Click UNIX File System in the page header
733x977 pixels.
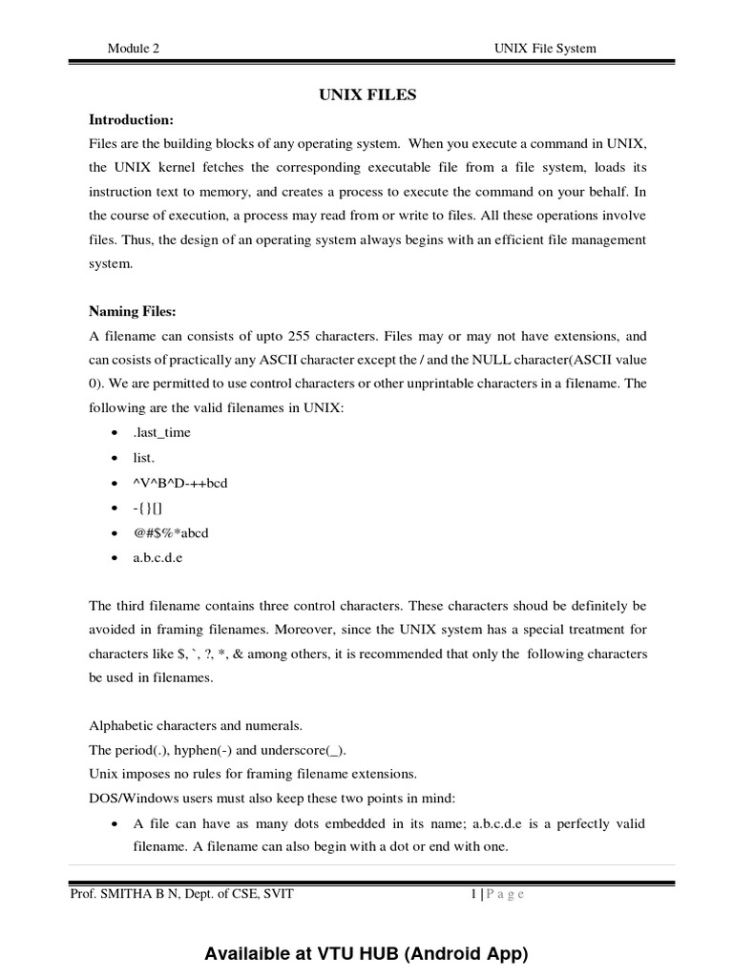[545, 49]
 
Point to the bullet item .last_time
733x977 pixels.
[161, 432]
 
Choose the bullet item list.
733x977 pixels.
[143, 458]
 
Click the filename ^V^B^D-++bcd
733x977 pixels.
[179, 483]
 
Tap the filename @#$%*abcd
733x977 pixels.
[170, 533]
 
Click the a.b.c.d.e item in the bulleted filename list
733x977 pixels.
[157, 558]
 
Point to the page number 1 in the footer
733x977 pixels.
[474, 894]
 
